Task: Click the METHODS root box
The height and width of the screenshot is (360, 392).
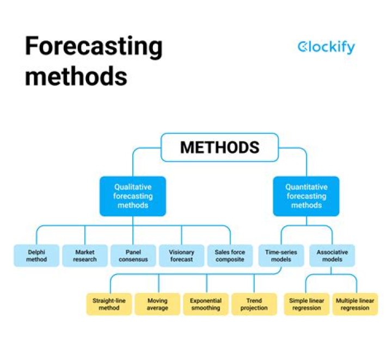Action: click(x=219, y=147)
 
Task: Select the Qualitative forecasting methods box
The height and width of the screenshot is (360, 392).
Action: click(x=133, y=196)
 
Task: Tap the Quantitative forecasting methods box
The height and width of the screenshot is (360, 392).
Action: click(x=306, y=196)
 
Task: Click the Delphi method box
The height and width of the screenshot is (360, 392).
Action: click(x=36, y=256)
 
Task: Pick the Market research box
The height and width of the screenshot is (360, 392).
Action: click(x=84, y=256)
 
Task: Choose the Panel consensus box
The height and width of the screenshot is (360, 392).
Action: click(x=133, y=256)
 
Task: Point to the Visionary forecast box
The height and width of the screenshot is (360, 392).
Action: click(x=181, y=256)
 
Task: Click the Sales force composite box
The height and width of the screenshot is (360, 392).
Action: click(x=230, y=256)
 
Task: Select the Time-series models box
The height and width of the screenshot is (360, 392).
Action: click(x=281, y=256)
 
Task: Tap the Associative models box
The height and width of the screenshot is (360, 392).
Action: click(x=332, y=256)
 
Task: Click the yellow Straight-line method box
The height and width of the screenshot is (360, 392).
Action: click(x=109, y=304)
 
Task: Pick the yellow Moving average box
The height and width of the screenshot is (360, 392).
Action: click(x=157, y=304)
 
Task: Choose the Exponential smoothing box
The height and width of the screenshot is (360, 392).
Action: click(x=205, y=304)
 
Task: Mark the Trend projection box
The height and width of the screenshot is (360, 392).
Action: click(x=254, y=304)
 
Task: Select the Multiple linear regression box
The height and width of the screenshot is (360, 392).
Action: click(x=356, y=304)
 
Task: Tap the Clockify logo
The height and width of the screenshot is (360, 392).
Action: click(x=326, y=47)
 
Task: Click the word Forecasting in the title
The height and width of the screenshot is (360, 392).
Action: click(x=94, y=47)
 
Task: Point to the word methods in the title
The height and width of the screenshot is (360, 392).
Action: click(x=76, y=76)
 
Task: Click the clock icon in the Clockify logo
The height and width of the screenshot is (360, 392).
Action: click(x=303, y=47)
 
